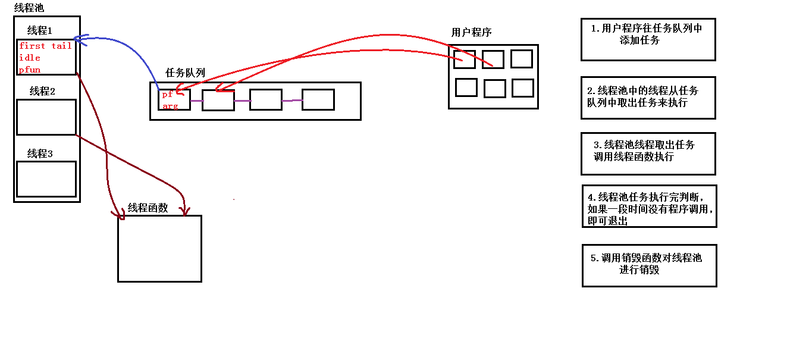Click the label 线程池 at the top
point(29,8)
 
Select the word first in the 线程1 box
point(32,46)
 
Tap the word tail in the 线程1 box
point(61,46)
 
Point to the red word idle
point(30,58)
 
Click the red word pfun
point(30,70)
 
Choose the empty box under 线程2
point(46,117)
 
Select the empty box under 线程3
point(46,179)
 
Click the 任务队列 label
point(185,73)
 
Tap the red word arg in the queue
point(170,106)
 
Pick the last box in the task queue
point(318,99)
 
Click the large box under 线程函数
point(159,248)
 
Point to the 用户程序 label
point(471,32)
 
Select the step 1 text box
point(648,39)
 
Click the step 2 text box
point(648,98)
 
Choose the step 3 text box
point(648,154)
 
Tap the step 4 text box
point(649,206)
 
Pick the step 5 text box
point(649,265)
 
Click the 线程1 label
point(40,30)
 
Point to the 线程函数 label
point(148,208)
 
